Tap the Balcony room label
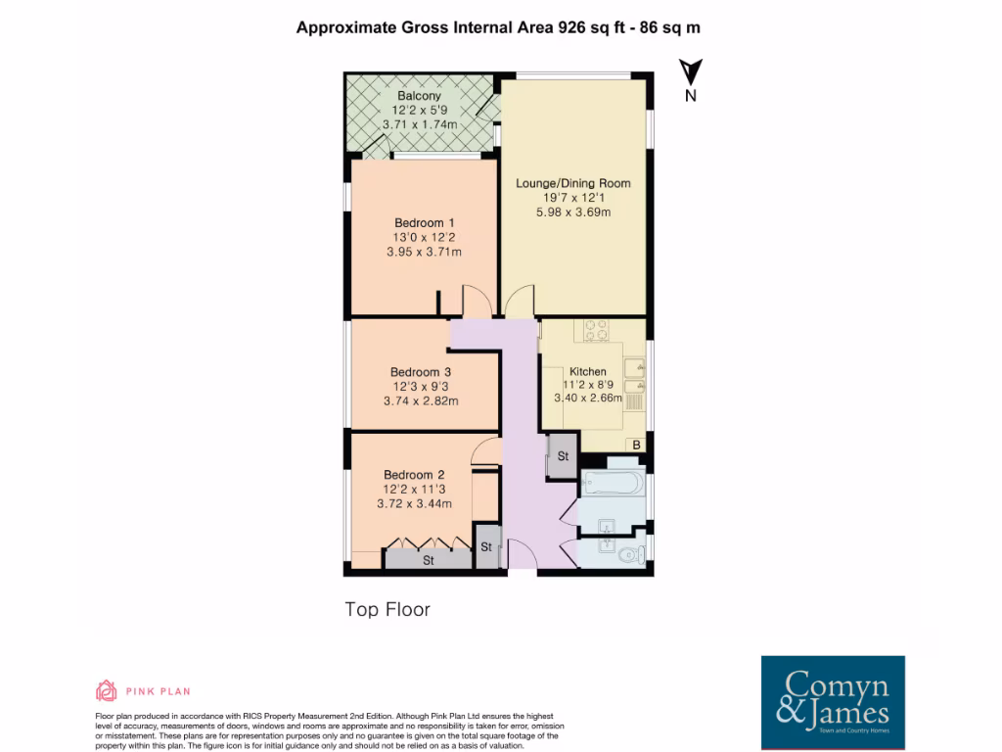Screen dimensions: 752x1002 pos(418,96)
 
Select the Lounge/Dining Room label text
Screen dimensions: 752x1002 pos(572,183)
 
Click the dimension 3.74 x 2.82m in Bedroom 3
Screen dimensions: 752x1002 pos(421,400)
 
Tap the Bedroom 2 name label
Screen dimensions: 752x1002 pos(413,475)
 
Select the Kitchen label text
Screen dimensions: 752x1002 pos(588,372)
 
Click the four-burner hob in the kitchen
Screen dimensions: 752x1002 pos(597,330)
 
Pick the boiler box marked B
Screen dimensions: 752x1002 pos(636,446)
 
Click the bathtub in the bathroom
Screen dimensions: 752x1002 pos(611,483)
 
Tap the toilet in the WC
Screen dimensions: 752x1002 pos(630,556)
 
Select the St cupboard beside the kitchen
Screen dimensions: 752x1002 pos(564,457)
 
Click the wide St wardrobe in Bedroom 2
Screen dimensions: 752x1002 pos(428,560)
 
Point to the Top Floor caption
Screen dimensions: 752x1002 pos(387,609)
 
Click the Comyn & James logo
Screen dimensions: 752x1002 pos(833,702)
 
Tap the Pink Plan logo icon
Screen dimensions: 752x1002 pos(106,690)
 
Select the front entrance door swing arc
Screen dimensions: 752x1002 pos(523,557)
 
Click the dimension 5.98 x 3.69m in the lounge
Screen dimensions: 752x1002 pos(572,212)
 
